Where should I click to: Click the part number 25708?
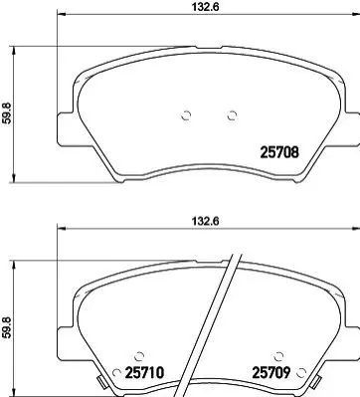(279, 152)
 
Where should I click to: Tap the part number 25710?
(144, 373)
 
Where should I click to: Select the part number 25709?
(271, 373)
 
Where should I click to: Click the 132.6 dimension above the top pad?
(206, 7)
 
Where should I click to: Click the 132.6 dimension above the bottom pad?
(206, 221)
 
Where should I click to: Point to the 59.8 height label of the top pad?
(6, 113)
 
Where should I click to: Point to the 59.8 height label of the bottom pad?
(6, 327)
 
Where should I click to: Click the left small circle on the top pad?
(187, 115)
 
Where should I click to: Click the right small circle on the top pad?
(232, 115)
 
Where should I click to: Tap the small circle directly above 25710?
(139, 356)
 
